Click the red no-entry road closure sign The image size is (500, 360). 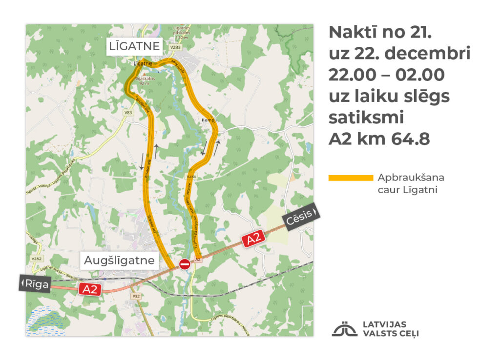click(185, 264)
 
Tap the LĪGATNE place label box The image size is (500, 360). click(135, 47)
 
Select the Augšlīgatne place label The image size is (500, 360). click(119, 261)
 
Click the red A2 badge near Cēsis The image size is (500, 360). click(254, 239)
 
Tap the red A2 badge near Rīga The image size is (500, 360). click(90, 289)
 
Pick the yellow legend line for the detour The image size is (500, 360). click(350, 178)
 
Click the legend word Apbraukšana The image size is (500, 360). click(411, 178)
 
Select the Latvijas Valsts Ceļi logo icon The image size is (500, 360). click(345, 329)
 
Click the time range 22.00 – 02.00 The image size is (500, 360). click(386, 75)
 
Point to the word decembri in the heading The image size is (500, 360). click(427, 54)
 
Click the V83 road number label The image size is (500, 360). click(128, 113)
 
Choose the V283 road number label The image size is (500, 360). click(175, 47)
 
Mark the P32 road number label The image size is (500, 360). click(136, 296)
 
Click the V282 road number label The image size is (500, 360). click(35, 259)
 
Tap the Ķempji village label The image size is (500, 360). click(206, 120)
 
